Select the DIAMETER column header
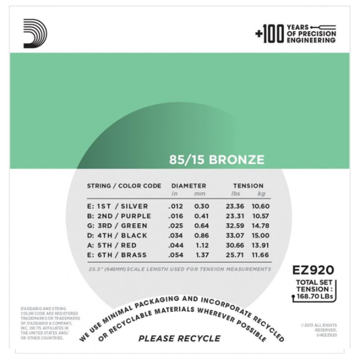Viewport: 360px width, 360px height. pos(188,186)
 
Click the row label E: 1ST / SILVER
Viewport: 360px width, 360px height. pos(118,206)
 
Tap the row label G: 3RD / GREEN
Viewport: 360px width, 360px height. pos(118,226)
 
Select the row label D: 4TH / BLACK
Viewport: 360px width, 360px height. pos(118,236)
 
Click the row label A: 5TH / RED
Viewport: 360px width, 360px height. pos(113,245)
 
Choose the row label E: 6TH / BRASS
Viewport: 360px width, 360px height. pos(118,256)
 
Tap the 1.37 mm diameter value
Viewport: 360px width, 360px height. pos(201,256)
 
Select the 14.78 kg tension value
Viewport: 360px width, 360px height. pos(262,226)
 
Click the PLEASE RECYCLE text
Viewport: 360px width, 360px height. pos(179,338)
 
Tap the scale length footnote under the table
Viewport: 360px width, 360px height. pos(179,269)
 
